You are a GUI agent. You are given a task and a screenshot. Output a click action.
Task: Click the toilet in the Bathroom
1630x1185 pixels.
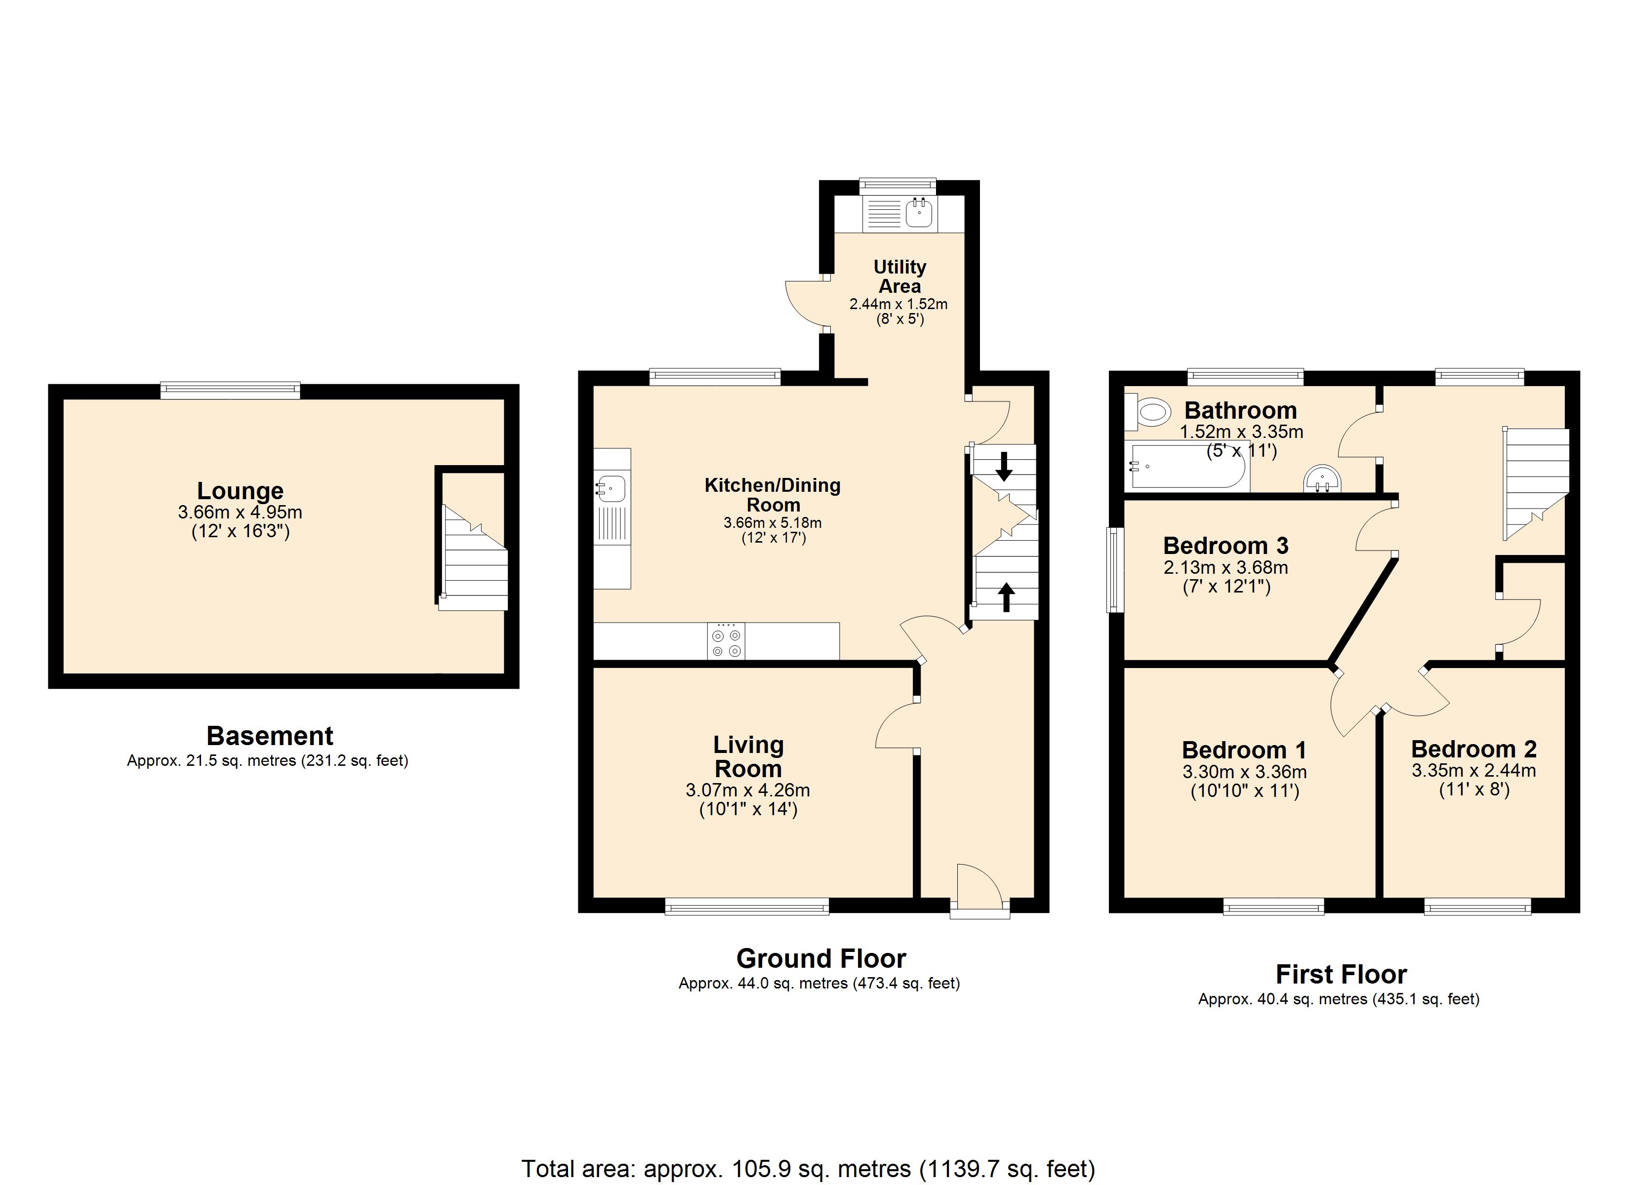pyautogui.click(x=1148, y=412)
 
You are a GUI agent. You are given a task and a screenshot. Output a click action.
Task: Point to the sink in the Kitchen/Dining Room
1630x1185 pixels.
pyautogui.click(x=611, y=489)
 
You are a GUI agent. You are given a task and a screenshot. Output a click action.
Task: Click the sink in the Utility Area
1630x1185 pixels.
pyautogui.click(x=919, y=213)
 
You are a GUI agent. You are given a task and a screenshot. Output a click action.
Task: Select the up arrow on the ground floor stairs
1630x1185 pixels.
pyautogui.click(x=1006, y=597)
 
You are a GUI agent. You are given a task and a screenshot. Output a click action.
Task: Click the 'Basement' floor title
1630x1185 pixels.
pyautogui.click(x=270, y=736)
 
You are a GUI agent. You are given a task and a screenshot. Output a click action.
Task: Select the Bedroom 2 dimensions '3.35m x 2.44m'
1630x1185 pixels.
pyautogui.click(x=1473, y=770)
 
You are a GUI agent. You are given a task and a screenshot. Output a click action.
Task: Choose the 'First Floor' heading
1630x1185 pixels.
pyautogui.click(x=1341, y=975)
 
